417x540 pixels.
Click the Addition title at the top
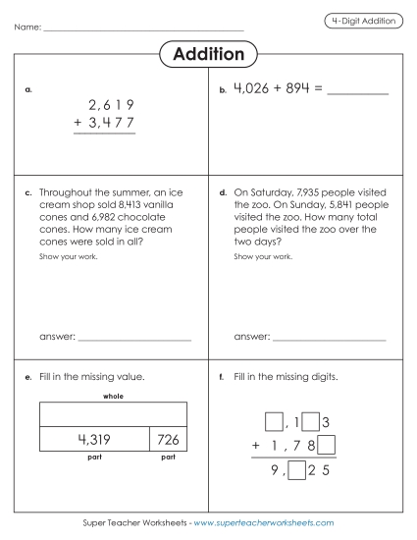point(208,54)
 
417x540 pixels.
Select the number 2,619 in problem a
point(110,105)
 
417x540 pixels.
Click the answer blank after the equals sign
point(356,92)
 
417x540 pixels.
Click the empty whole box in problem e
point(113,412)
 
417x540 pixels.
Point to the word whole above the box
point(113,396)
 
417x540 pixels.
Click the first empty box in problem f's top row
point(274,423)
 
